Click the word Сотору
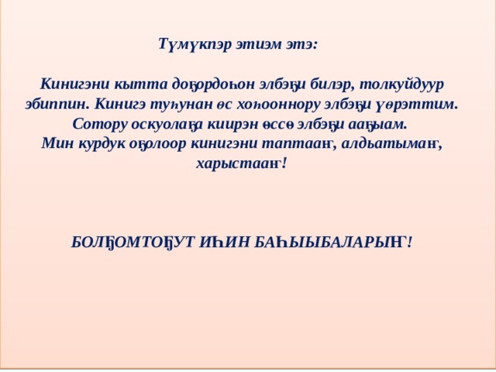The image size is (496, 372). (98, 123)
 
